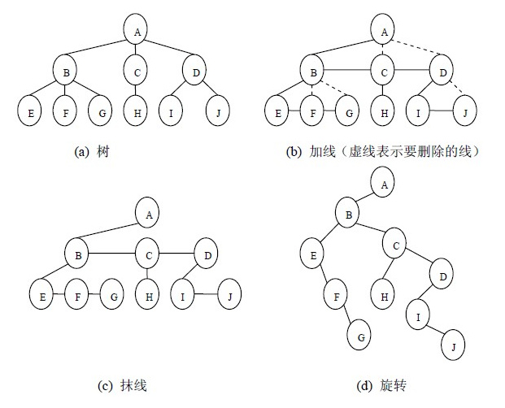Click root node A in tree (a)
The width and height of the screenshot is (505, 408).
point(137,31)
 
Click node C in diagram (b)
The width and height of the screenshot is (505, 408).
point(383,72)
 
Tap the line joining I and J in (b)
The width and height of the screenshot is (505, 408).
point(441,111)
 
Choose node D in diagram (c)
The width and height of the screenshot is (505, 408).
point(207,255)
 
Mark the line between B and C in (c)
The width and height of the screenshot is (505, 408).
point(112,255)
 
